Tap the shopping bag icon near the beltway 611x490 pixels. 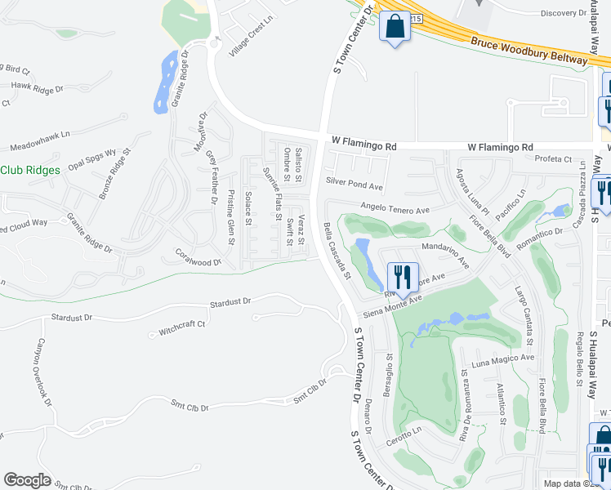click(x=394, y=27)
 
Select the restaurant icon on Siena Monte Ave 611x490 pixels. click(x=402, y=278)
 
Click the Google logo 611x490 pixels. click(x=27, y=479)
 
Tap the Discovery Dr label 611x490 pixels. click(x=570, y=13)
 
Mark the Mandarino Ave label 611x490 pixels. click(x=446, y=253)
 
